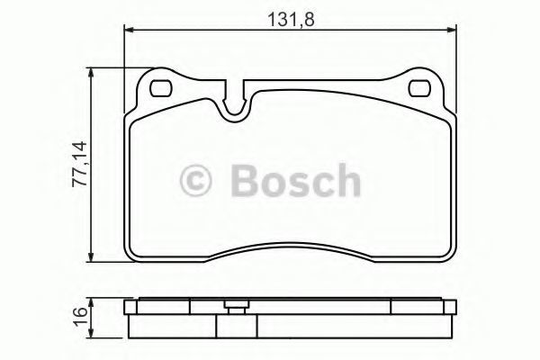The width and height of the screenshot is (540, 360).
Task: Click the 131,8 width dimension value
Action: pos(291,20)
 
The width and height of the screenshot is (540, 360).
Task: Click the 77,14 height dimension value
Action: pos(80,164)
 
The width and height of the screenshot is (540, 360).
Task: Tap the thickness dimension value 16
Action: pos(80,312)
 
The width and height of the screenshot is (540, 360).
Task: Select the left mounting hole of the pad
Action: pos(161,88)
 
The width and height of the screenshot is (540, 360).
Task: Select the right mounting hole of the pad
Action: pos(419,88)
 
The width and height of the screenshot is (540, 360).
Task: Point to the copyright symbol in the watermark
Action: pos(196,180)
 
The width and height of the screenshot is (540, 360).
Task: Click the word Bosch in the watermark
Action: pos(296,180)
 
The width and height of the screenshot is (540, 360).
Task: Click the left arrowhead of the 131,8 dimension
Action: pos(128,31)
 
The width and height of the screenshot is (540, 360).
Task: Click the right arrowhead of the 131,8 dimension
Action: pos(452,31)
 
